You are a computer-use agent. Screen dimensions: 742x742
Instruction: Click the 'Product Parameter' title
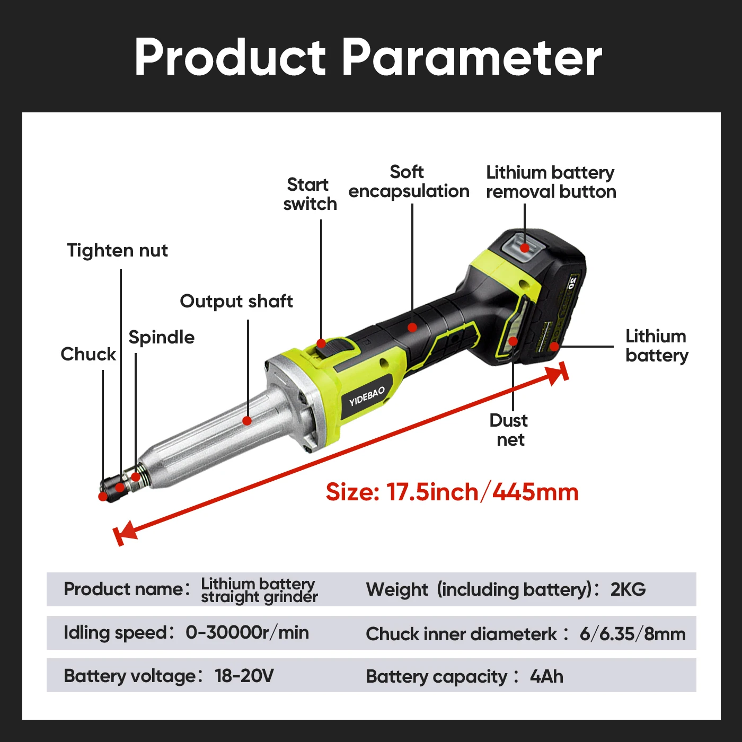(368, 57)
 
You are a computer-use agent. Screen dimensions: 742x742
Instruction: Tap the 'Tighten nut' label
(117, 250)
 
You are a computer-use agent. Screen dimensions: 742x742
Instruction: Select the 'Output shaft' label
(236, 301)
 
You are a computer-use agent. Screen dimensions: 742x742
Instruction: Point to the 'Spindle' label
(161, 337)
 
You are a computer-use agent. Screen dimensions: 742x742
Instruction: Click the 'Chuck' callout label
(88, 354)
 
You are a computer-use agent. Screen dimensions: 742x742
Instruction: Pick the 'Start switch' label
(310, 194)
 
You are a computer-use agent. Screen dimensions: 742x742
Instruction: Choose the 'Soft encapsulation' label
(409, 181)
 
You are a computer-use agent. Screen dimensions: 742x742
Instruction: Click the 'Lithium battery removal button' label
(551, 182)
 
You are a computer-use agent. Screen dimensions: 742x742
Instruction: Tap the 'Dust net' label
(509, 430)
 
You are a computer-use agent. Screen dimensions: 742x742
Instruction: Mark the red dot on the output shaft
(247, 421)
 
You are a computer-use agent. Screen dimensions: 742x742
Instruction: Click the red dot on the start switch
(321, 343)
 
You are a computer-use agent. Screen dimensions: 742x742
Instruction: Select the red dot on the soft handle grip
(412, 328)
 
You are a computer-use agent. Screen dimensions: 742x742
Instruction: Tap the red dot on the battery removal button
(525, 248)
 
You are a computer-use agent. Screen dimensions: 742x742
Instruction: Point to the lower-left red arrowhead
(124, 533)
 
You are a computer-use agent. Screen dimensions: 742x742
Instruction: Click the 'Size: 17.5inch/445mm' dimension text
(452, 492)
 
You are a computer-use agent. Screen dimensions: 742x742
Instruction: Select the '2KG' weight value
(628, 589)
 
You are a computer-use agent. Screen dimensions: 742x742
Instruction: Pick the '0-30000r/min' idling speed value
(247, 632)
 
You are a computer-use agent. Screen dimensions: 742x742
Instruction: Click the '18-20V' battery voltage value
(244, 676)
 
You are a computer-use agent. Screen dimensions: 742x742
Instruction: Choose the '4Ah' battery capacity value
(546, 676)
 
